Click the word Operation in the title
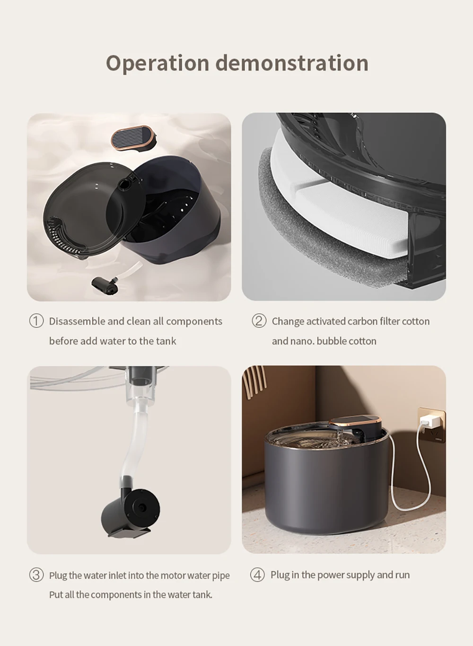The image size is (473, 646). [x=157, y=63]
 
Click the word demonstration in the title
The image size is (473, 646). [x=292, y=63]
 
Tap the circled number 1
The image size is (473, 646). [x=36, y=321]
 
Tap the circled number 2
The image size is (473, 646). [x=259, y=321]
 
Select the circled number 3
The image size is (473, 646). [x=36, y=575]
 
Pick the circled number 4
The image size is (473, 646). [x=257, y=575]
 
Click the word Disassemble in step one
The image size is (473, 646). [x=76, y=321]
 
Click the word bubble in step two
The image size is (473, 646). [x=331, y=341]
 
